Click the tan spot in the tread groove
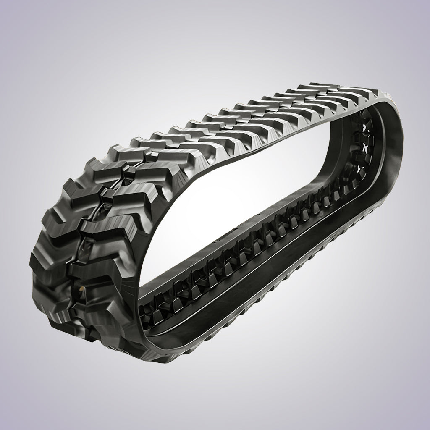coord(79,289)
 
